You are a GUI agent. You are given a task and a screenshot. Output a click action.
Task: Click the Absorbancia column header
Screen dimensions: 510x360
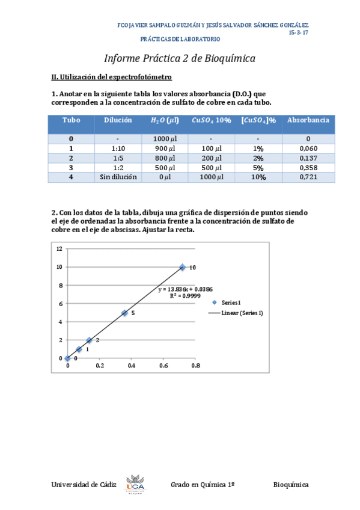point(308,120)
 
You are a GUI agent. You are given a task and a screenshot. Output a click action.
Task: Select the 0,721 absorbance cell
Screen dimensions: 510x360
point(308,177)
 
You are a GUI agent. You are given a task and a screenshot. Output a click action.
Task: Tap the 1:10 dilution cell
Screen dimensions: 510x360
point(118,149)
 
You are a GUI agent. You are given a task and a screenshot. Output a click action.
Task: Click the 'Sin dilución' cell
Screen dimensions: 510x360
point(118,177)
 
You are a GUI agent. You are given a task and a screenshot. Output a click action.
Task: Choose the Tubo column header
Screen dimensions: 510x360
point(71,120)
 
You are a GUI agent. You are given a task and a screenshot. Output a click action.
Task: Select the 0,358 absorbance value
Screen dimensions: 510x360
point(308,167)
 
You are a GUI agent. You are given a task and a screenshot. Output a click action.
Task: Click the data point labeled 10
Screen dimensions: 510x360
point(182,267)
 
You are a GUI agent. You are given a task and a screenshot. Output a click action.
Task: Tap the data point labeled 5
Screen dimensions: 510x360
point(124,313)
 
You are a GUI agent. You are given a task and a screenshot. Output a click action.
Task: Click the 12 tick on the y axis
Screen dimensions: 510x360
point(59,248)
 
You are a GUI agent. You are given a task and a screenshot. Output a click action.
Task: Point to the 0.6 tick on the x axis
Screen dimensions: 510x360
point(163,365)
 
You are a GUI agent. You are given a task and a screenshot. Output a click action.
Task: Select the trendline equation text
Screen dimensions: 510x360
point(185,289)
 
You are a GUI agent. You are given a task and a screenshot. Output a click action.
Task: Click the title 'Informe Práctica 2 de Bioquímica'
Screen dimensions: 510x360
point(180,58)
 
